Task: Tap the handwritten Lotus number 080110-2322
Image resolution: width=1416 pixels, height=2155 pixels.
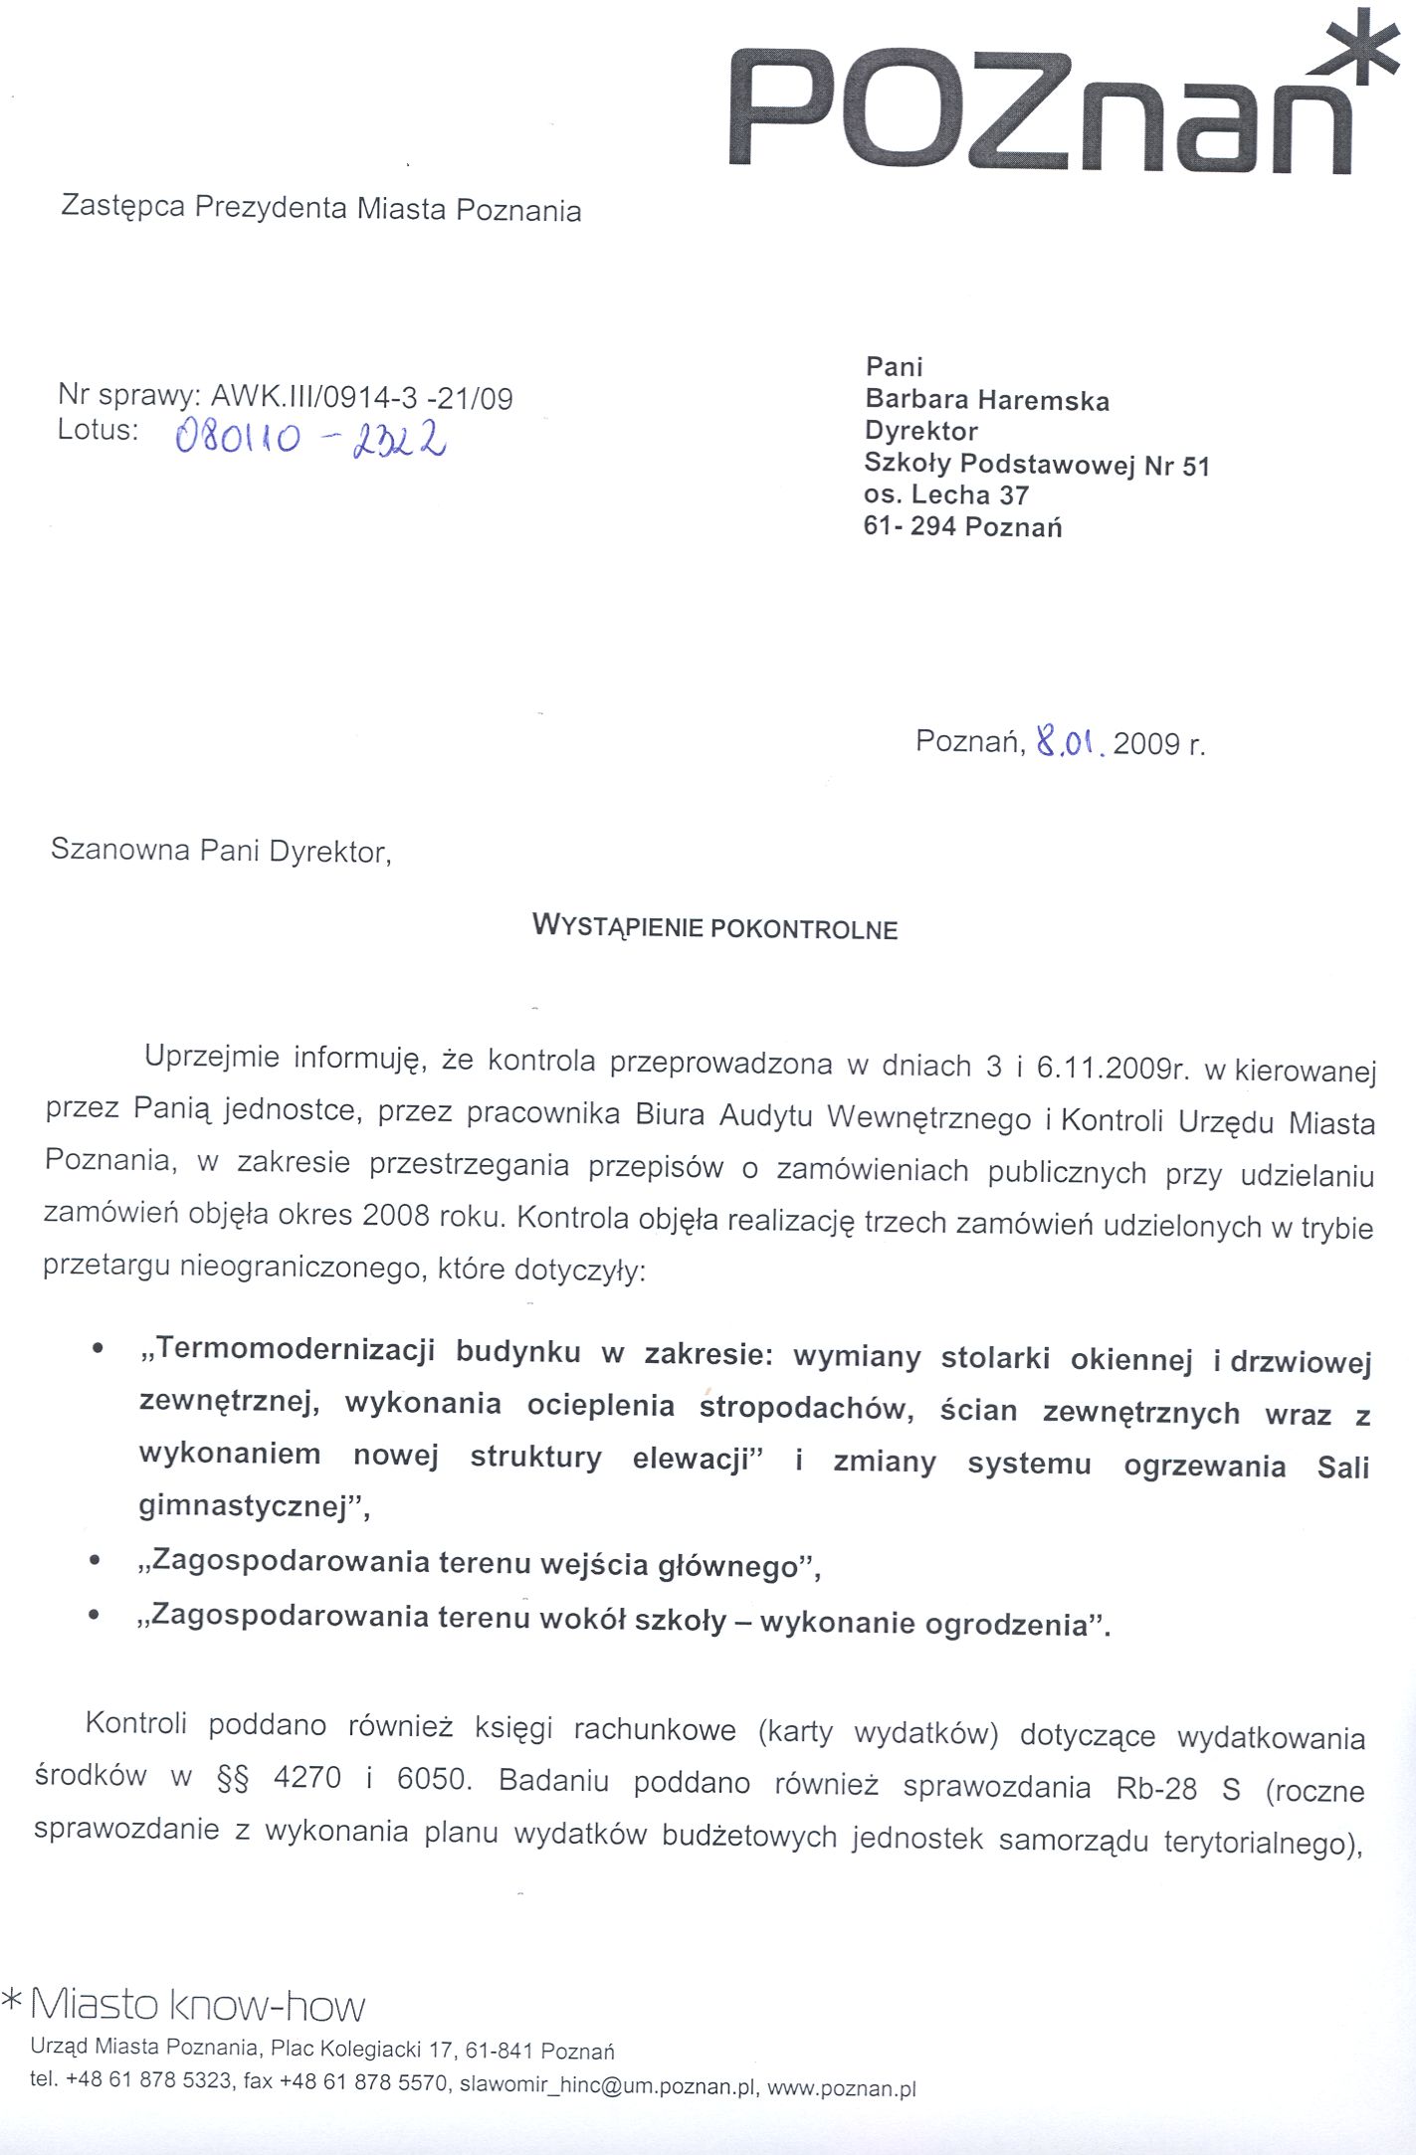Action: pyautogui.click(x=309, y=437)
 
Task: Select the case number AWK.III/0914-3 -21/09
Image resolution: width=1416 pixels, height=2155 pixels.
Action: pyautogui.click(x=362, y=399)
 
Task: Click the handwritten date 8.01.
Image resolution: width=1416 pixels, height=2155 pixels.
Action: pyautogui.click(x=1070, y=741)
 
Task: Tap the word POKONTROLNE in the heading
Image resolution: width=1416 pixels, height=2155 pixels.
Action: pyautogui.click(x=804, y=930)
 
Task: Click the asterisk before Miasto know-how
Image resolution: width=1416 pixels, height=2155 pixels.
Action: pyautogui.click(x=12, y=1997)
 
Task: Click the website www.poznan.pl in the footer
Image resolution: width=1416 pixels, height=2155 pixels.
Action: pyautogui.click(x=841, y=2088)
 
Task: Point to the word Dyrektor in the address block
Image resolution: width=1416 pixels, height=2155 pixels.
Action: pyautogui.click(x=921, y=431)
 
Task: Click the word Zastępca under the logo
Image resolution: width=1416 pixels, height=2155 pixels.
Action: pyautogui.click(x=122, y=206)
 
